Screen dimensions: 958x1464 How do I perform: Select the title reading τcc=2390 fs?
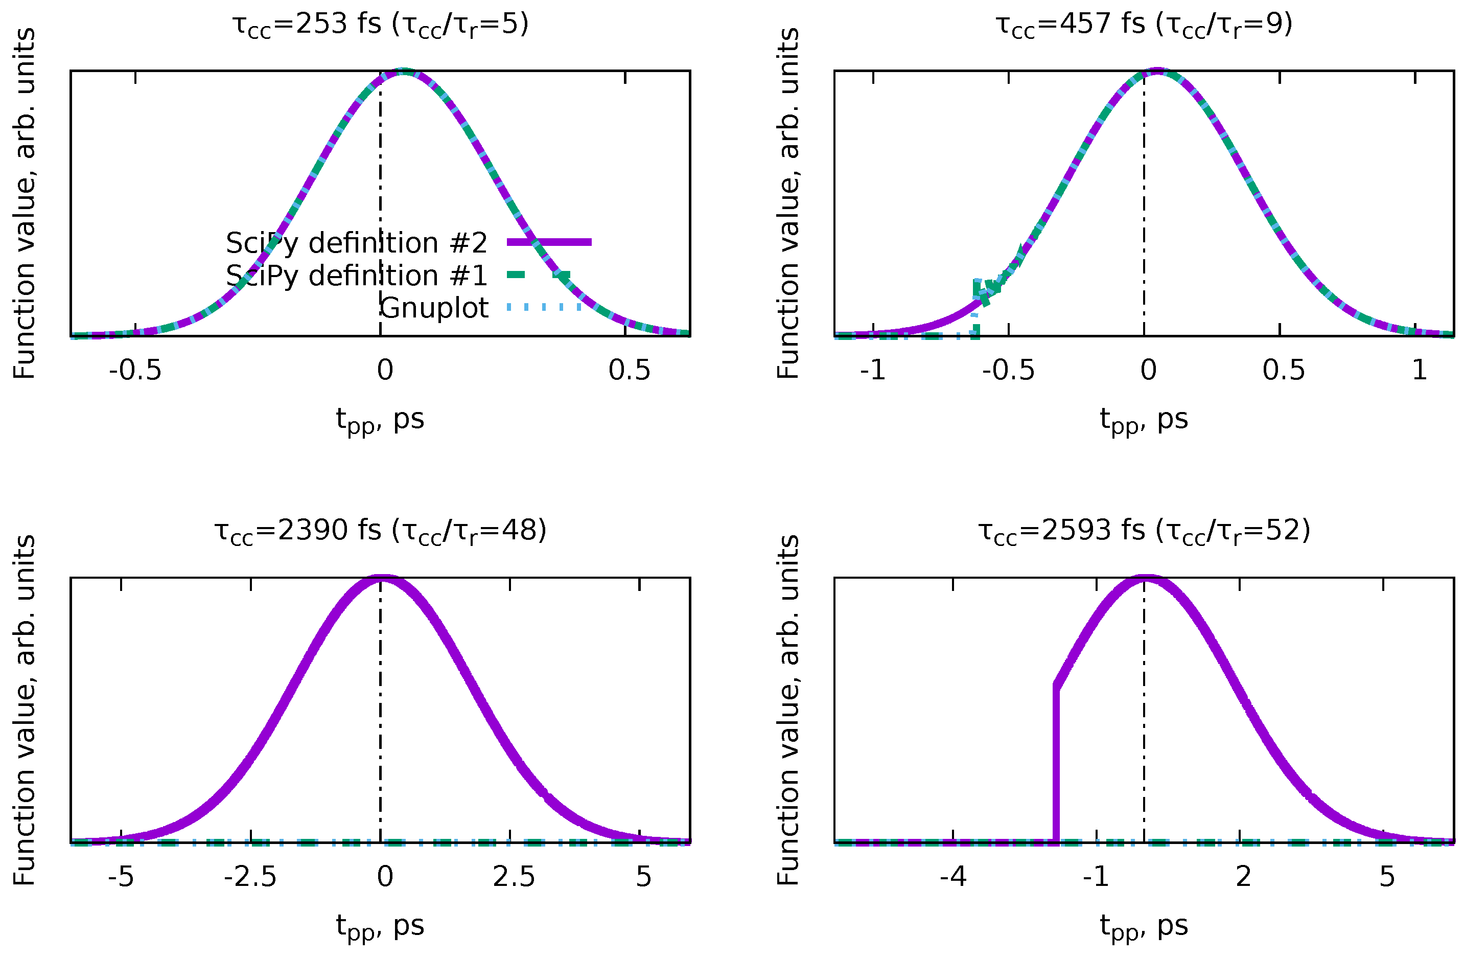[x=380, y=531]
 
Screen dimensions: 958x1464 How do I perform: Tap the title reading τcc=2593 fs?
[x=1144, y=531]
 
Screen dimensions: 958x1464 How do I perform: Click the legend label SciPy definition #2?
[x=356, y=243]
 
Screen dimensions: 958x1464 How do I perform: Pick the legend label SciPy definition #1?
[x=356, y=276]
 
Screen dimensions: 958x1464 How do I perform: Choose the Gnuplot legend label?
[x=434, y=308]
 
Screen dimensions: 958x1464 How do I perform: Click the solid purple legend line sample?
[x=549, y=242]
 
